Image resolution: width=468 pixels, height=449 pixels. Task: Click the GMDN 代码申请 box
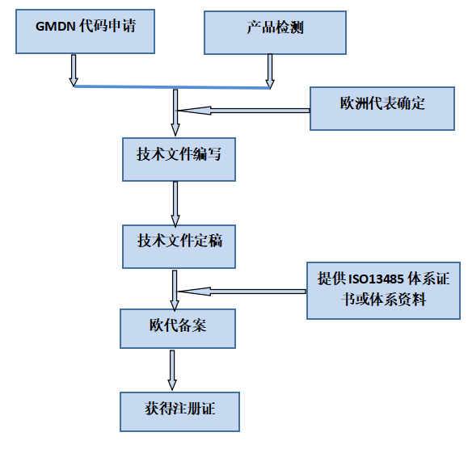pyautogui.click(x=85, y=31)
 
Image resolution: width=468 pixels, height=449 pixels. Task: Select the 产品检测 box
pyautogui.click(x=275, y=33)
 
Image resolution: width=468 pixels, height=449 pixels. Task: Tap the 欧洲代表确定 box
pyautogui.click(x=382, y=108)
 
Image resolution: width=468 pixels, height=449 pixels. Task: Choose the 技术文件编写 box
pyautogui.click(x=179, y=160)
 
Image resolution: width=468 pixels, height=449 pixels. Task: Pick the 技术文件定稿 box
pyautogui.click(x=179, y=247)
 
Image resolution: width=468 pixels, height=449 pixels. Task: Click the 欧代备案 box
pyautogui.click(x=178, y=329)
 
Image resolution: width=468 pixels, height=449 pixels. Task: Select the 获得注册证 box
pyautogui.click(x=179, y=412)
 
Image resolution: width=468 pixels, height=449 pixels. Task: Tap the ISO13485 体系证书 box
pyautogui.click(x=383, y=291)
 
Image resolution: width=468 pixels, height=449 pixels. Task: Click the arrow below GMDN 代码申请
pyautogui.click(x=74, y=70)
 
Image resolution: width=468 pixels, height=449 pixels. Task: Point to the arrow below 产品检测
pyautogui.click(x=270, y=71)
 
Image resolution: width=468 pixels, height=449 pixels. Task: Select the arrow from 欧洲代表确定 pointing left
pyautogui.click(x=243, y=111)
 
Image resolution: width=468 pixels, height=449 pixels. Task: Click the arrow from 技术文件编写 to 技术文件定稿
pyautogui.click(x=175, y=204)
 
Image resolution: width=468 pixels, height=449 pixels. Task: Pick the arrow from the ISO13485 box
pyautogui.click(x=242, y=292)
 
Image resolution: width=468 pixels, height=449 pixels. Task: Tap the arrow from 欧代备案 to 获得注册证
pyautogui.click(x=172, y=371)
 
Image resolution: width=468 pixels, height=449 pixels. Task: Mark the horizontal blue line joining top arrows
pyautogui.click(x=172, y=87)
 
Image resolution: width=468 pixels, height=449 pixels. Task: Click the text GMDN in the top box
pyautogui.click(x=55, y=27)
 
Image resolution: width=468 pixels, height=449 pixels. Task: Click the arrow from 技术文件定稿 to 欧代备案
pyautogui.click(x=175, y=291)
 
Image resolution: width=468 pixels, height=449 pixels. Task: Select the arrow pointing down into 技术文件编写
pyautogui.click(x=175, y=113)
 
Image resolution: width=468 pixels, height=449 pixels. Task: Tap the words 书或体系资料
pyautogui.click(x=384, y=299)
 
